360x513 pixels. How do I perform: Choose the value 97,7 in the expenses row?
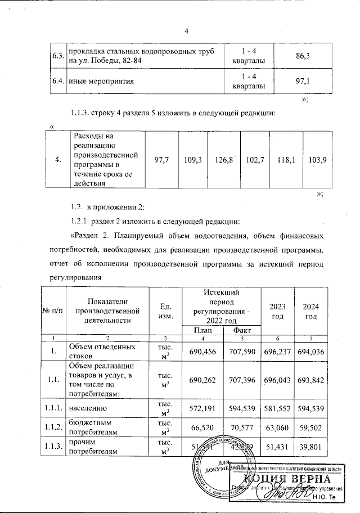coord(161,160)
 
